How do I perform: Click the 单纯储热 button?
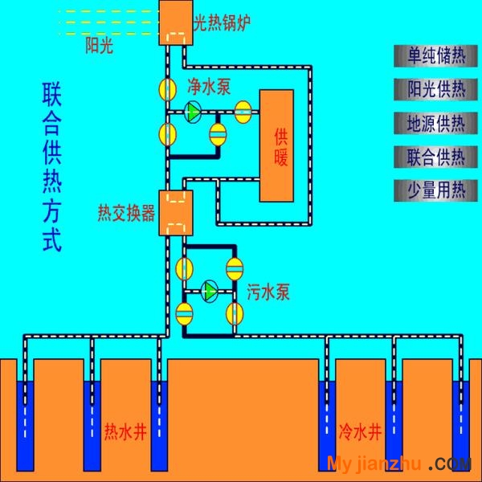[x=435, y=56]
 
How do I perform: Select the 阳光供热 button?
[x=435, y=89]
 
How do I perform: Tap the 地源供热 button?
[x=435, y=123]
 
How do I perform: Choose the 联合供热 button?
[x=435, y=157]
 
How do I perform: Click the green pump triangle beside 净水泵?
[x=194, y=112]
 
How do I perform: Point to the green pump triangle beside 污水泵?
[x=210, y=291]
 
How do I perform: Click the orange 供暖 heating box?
[x=276, y=145]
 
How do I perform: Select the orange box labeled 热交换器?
[x=176, y=213]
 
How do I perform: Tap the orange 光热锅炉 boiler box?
[x=176, y=22]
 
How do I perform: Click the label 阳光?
[x=100, y=46]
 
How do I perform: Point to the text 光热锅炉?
[x=223, y=22]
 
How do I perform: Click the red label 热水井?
[x=125, y=432]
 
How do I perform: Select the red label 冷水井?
[x=360, y=432]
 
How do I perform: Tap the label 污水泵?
[x=268, y=292]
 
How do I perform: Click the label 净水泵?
[x=209, y=87]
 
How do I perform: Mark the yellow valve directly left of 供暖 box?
[x=243, y=112]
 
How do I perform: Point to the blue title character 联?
[x=52, y=94]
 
